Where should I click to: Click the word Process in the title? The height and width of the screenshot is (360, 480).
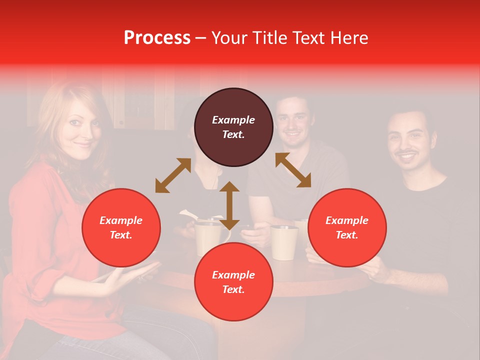(157, 38)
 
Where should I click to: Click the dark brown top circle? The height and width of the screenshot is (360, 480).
(233, 127)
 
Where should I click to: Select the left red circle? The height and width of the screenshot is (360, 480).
(121, 227)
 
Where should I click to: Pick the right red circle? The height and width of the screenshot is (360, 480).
(347, 227)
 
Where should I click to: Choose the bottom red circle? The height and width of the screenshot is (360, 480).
(233, 281)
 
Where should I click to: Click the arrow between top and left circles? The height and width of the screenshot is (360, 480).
(173, 175)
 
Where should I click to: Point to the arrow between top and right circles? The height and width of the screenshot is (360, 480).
(293, 170)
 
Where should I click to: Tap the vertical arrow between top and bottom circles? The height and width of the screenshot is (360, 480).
(229, 205)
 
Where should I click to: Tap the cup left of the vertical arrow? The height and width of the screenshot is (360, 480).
(207, 238)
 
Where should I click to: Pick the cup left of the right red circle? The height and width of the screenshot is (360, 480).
(284, 242)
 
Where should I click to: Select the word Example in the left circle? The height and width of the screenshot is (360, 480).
(121, 220)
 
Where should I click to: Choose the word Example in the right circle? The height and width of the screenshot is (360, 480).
(347, 220)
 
